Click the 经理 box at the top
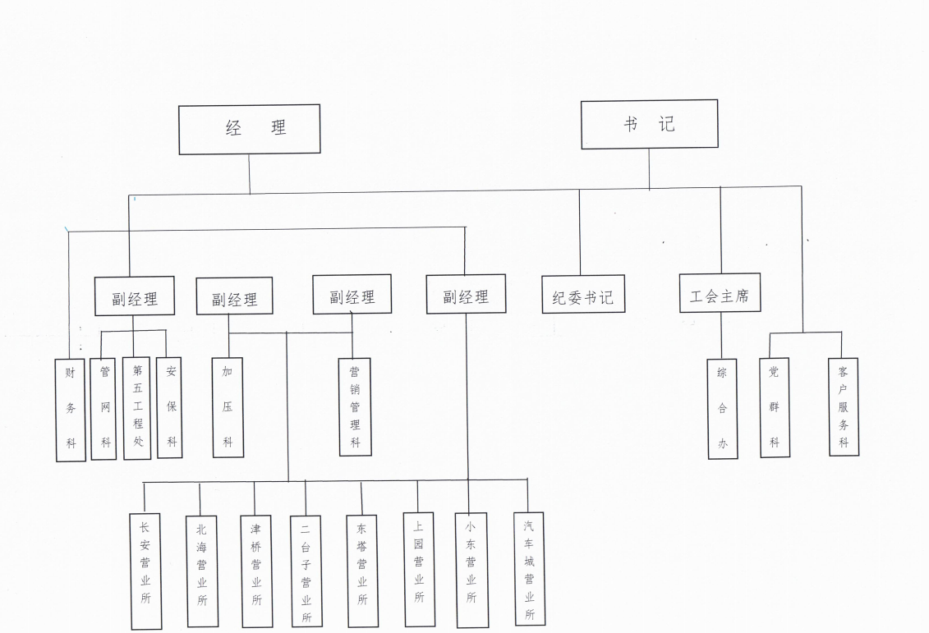pyautogui.click(x=250, y=129)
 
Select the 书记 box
pyautogui.click(x=649, y=124)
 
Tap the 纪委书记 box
pyautogui.click(x=583, y=295)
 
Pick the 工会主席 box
pyautogui.click(x=720, y=293)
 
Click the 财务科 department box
pyautogui.click(x=71, y=410)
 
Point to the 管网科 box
pyautogui.click(x=104, y=408)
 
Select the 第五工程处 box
pyautogui.click(x=137, y=408)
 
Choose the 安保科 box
pyautogui.click(x=170, y=407)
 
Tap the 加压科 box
pyautogui.click(x=228, y=407)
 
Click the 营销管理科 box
pyautogui.click(x=355, y=406)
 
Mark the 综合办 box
pyautogui.click(x=722, y=408)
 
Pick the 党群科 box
pyautogui.click(x=774, y=407)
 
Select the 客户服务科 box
pyautogui.click(x=844, y=406)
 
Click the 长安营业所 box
pyautogui.click(x=145, y=571)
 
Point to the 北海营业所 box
pyautogui.click(x=202, y=571)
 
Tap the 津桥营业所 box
pyautogui.click(x=255, y=571)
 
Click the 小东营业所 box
pyautogui.click(x=471, y=569)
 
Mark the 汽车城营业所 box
pyautogui.click(x=529, y=568)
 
